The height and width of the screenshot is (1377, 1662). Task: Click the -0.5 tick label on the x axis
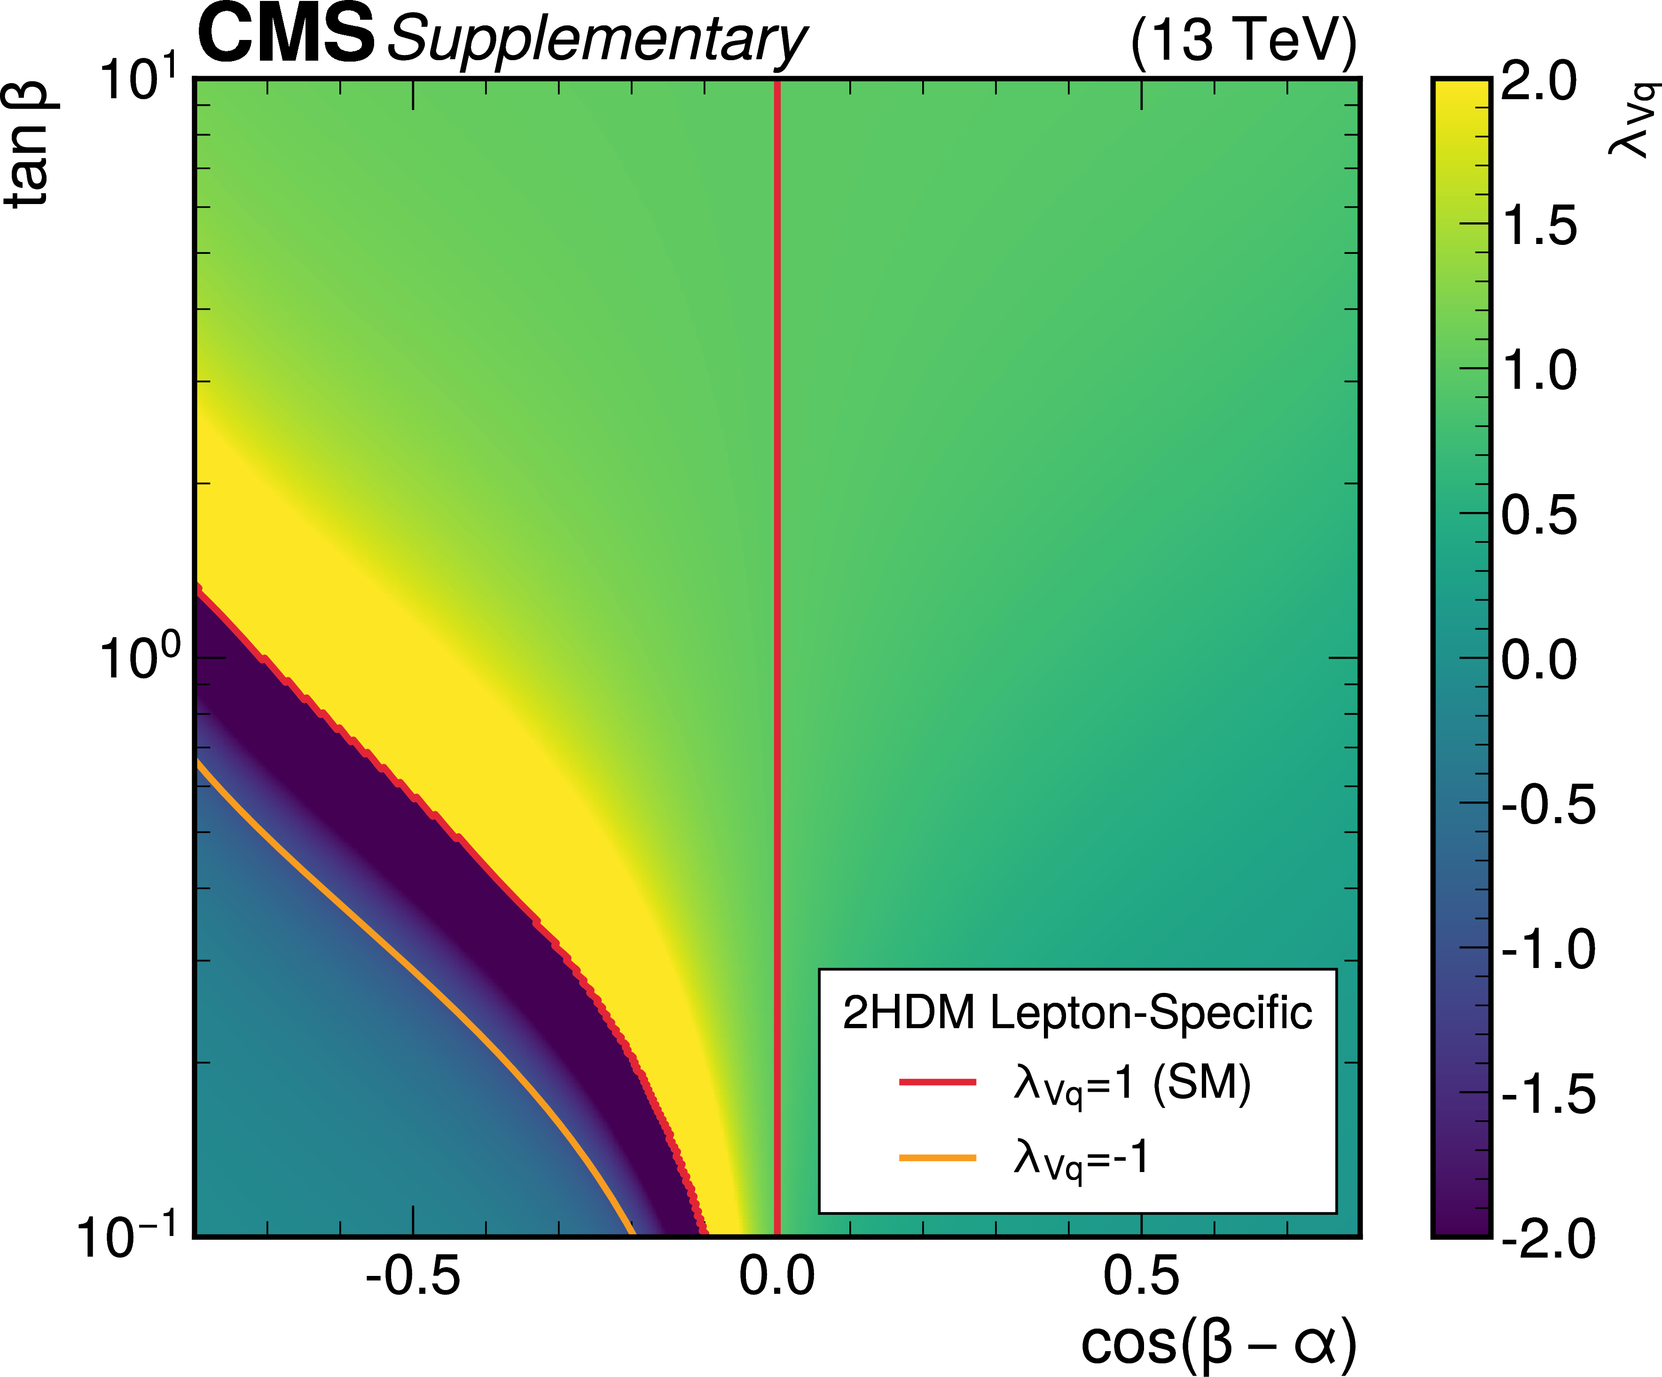(x=412, y=1276)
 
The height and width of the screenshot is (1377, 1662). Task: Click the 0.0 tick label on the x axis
(x=776, y=1276)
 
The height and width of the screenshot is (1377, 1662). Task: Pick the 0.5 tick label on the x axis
(x=1140, y=1276)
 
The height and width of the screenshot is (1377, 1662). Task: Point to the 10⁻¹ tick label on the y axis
(x=126, y=1236)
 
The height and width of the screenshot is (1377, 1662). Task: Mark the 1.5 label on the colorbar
(x=1538, y=226)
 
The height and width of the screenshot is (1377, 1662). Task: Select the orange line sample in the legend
(x=938, y=1158)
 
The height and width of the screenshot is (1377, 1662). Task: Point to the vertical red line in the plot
(x=777, y=554)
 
